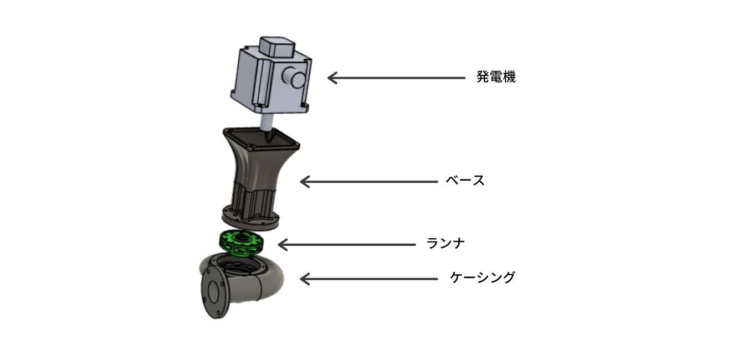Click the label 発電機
496,77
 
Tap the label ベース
465,181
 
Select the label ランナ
445,243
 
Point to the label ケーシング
482,277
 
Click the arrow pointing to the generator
396,78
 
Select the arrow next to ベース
368,182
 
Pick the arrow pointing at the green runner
347,245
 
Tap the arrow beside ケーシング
368,279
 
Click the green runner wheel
241,243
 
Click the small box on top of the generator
277,47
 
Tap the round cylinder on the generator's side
294,78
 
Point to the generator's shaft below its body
268,127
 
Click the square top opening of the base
261,139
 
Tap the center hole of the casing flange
214,290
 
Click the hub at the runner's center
241,238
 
